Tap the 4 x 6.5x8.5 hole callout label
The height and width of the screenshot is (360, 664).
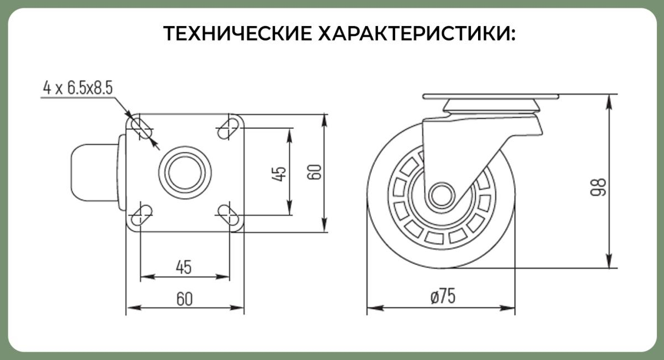coord(78,88)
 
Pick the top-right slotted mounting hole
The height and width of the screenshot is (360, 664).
coord(229,129)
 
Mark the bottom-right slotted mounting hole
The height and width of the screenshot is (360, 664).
coord(229,216)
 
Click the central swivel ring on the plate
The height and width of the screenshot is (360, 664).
coord(185,173)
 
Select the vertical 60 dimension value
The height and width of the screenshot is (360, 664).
coord(314,172)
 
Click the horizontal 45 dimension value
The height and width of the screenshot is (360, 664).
coord(184,267)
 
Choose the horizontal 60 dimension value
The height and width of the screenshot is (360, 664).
coord(184,299)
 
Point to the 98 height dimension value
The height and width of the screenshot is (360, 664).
coord(598,187)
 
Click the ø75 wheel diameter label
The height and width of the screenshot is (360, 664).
coord(443,296)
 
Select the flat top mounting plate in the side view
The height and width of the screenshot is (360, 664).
coord(491,97)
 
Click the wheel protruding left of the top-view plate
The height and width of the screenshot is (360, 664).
coord(95,173)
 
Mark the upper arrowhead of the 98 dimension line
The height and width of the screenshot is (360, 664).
coord(609,102)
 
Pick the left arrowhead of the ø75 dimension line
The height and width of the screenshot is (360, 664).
coord(375,308)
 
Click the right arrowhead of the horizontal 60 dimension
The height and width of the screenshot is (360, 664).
coord(237,308)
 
